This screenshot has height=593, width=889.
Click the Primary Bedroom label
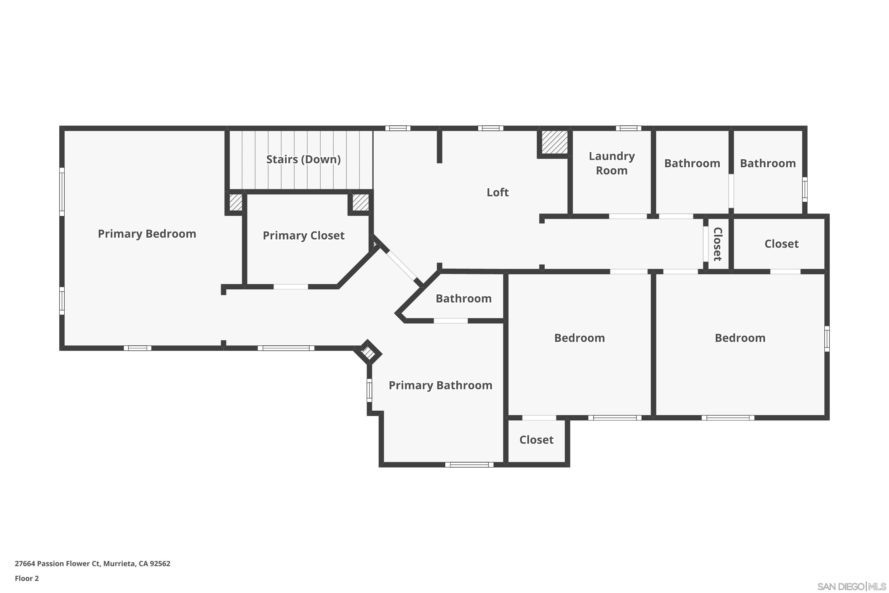[x=147, y=234]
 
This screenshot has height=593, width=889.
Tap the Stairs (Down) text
[x=303, y=159]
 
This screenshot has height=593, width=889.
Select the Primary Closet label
[x=303, y=236]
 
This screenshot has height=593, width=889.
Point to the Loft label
[x=498, y=192]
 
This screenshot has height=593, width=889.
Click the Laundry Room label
[x=612, y=163]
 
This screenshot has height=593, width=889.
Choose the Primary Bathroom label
[x=440, y=385]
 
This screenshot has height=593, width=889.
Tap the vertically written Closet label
[x=717, y=244]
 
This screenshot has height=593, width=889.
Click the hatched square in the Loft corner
[x=554, y=143]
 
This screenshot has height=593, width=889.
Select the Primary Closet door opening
[x=291, y=287]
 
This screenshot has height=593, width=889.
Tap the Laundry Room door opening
[x=628, y=216]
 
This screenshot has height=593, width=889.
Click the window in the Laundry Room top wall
[x=628, y=128]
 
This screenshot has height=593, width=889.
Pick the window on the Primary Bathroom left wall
[x=369, y=390]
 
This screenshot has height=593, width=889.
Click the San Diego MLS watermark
[x=852, y=586]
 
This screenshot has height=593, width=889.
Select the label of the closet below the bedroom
[x=536, y=440]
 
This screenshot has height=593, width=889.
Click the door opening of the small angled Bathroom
[x=450, y=321]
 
